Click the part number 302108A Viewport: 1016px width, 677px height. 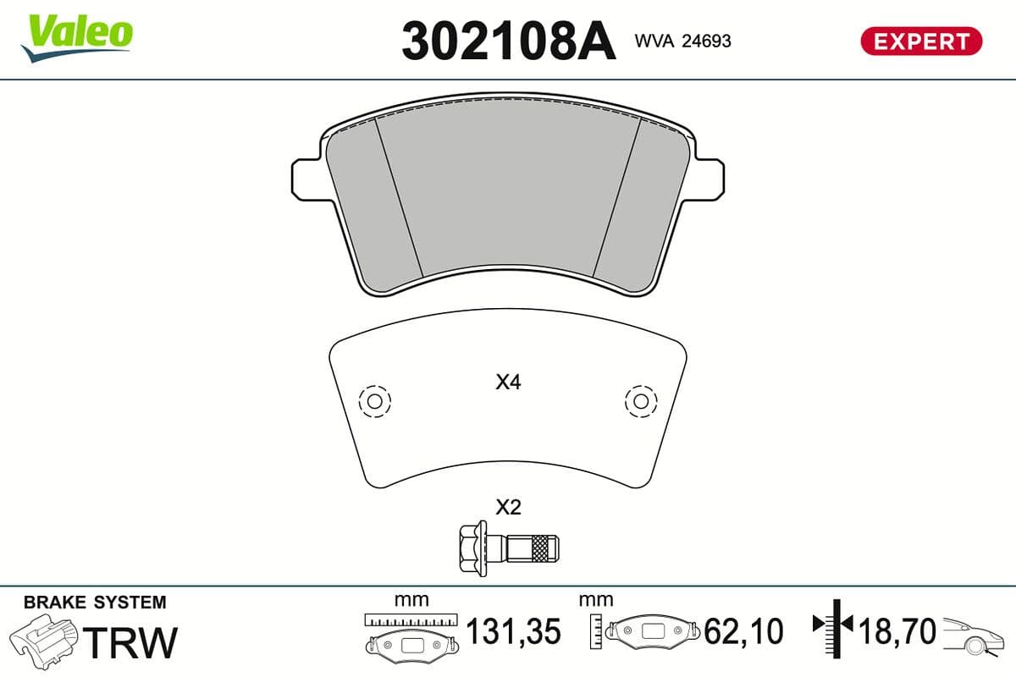[x=508, y=41]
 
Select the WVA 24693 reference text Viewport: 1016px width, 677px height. [x=682, y=41]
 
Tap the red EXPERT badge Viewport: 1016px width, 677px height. [x=920, y=41]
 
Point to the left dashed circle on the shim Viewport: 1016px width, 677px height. [x=374, y=400]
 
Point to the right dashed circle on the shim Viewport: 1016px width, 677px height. [x=641, y=400]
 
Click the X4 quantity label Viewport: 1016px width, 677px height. [x=508, y=383]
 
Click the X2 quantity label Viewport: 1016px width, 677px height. [x=508, y=508]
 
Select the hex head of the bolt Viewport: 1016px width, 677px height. [x=471, y=551]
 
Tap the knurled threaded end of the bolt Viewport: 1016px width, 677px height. [x=542, y=551]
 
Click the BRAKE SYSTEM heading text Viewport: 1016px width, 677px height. [x=95, y=603]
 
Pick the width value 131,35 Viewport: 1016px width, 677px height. [x=514, y=631]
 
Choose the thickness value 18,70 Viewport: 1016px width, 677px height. [x=897, y=631]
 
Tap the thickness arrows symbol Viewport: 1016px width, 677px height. [x=834, y=626]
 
